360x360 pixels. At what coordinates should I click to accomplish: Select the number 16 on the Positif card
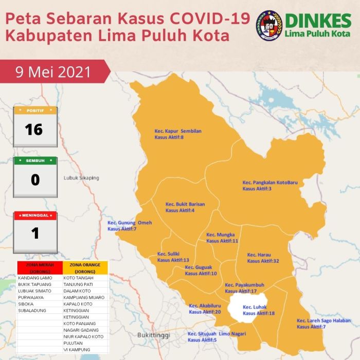click(x=34, y=129)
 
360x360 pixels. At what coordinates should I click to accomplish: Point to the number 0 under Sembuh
click(x=35, y=180)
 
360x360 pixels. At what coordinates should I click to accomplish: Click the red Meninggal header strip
click(x=35, y=215)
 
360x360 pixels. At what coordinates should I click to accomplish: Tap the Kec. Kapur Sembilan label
click(x=178, y=134)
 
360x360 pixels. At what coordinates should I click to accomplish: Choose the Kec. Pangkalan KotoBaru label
click(x=270, y=186)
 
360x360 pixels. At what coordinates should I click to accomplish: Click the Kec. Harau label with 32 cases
click(x=263, y=258)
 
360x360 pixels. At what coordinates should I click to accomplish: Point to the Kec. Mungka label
click(x=222, y=237)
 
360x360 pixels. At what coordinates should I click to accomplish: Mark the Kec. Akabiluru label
click(x=205, y=309)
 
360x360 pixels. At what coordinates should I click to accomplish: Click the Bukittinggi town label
click(x=154, y=335)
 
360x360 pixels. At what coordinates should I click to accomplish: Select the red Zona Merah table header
click(x=39, y=267)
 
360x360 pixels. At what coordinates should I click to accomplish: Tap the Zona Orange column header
click(x=85, y=267)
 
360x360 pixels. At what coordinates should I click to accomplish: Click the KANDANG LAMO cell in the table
click(x=35, y=278)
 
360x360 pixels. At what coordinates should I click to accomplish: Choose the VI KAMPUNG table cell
click(x=77, y=349)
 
